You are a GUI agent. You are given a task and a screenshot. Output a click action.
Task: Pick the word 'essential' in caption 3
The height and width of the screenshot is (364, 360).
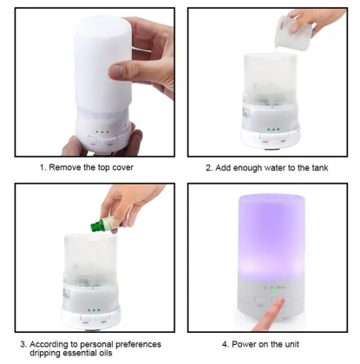click(86, 354)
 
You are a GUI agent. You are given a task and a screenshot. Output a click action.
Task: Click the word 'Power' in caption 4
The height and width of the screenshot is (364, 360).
click(248, 343)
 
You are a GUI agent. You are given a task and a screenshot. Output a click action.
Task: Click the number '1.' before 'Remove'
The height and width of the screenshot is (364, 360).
click(42, 167)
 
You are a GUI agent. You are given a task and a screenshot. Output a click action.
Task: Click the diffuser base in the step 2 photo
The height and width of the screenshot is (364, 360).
click(270, 135)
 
